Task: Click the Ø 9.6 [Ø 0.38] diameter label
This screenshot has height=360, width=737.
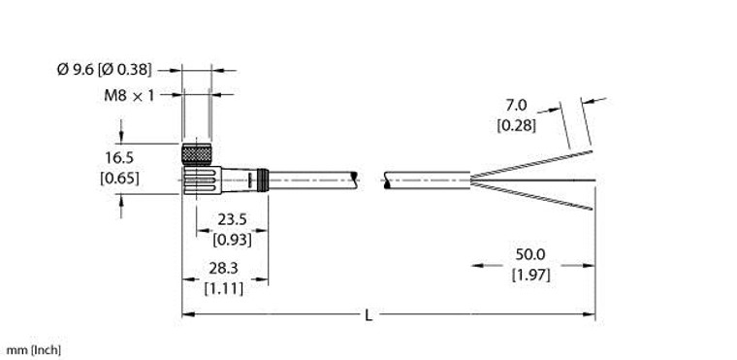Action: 105,70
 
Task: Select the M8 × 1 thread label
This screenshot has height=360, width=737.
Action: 129,96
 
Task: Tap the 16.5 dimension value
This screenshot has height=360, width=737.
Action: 120,157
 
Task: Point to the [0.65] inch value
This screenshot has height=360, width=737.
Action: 120,179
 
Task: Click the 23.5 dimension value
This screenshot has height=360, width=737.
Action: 232,219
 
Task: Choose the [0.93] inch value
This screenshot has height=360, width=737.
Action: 232,240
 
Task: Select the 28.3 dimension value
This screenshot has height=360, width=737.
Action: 224,268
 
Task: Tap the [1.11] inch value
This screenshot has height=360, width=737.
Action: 224,288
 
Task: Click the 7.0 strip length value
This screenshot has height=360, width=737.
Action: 516,106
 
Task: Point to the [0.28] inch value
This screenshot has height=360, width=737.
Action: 516,126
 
